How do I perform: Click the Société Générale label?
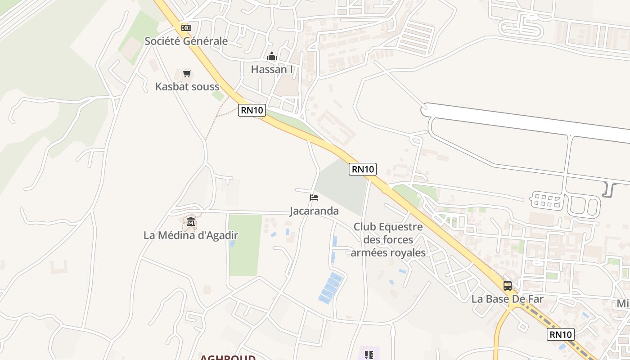[186, 41]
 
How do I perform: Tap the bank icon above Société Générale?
[186, 28]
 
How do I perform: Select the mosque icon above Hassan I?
[271, 57]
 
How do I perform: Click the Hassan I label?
[272, 69]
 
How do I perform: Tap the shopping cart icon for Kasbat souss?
[187, 73]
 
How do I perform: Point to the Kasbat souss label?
[187, 86]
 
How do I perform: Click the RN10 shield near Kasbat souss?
[252, 110]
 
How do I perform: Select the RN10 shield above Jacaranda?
[363, 169]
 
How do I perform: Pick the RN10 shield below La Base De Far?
[561, 334]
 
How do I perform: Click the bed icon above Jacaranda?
[314, 197]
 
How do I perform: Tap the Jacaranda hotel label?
[314, 211]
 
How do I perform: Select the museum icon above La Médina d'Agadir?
[191, 222]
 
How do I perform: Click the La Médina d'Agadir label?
[191, 235]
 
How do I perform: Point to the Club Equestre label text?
[388, 239]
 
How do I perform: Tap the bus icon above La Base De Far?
[508, 285]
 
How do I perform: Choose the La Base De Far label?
[508, 299]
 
